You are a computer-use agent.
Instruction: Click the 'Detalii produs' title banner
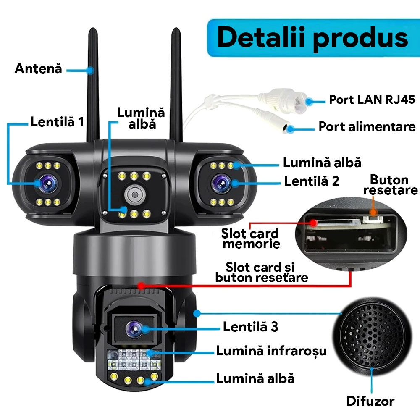(313, 38)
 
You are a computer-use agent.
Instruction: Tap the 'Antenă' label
(38, 68)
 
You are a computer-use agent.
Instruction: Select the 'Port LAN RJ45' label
(372, 100)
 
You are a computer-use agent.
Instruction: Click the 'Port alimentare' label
(367, 126)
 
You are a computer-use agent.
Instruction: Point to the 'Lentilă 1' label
(57, 122)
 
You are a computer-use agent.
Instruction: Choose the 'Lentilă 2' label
(312, 181)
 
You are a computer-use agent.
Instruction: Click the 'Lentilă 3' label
(251, 327)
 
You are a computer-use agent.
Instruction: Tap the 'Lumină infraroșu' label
(272, 351)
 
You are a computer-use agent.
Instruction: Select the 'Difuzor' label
(370, 401)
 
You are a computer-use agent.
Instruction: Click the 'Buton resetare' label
(391, 185)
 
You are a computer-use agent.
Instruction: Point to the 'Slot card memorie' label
(250, 239)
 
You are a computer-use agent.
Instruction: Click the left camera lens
(48, 184)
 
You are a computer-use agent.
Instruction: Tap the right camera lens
(221, 184)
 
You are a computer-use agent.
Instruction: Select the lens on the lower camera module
(134, 329)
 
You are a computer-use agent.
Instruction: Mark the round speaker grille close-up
(372, 336)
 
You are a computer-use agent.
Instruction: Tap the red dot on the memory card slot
(313, 223)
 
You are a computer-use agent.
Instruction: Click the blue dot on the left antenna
(91, 71)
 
